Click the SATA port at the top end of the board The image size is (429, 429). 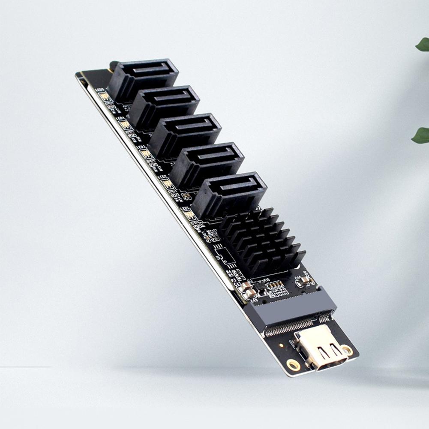[144, 77]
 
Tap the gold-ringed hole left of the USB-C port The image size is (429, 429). [294, 365]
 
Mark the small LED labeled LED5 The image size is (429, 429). [104, 96]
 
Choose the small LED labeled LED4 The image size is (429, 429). [124, 124]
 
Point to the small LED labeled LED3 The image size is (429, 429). [145, 153]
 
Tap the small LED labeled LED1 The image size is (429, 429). [189, 214]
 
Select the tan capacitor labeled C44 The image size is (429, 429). [306, 281]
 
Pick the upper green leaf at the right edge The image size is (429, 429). [423, 44]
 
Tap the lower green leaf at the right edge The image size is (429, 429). [421, 135]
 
